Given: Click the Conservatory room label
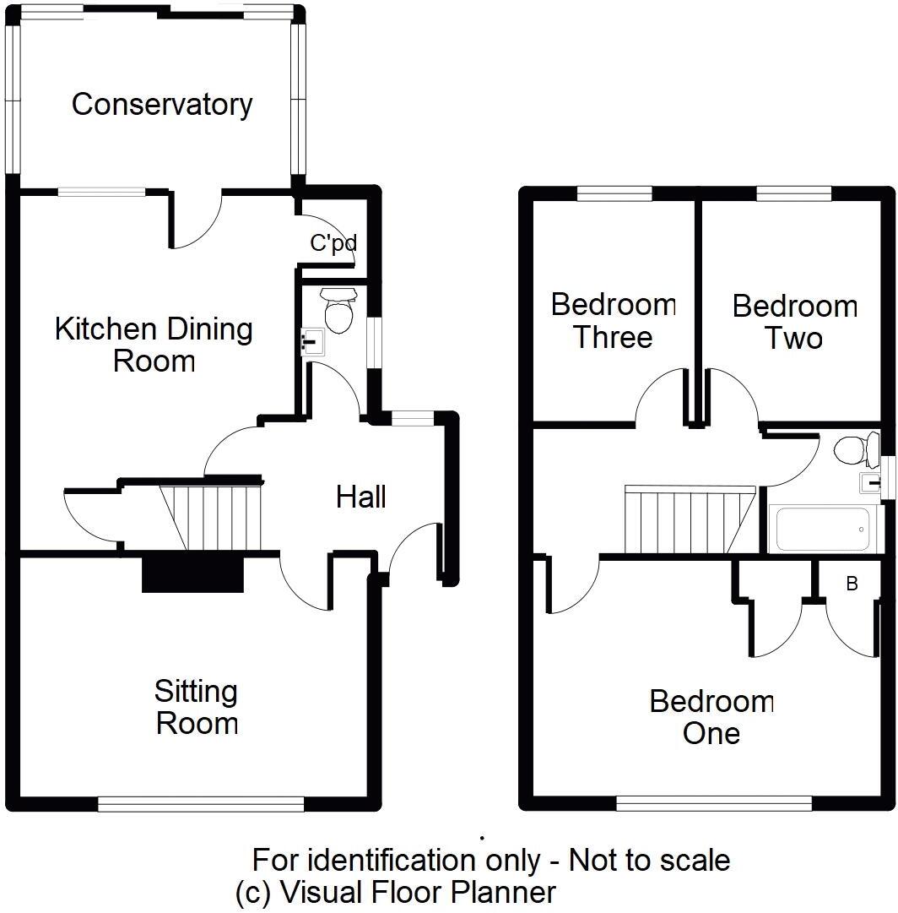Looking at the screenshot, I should [x=161, y=105].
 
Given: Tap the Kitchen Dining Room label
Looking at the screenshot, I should [x=154, y=345].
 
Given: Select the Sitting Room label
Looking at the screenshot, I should [x=197, y=708].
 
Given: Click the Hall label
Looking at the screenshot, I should [x=361, y=497].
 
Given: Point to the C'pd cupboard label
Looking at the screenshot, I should [x=333, y=244].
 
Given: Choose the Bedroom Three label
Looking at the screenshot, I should [x=614, y=321].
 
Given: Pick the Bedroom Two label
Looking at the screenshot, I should [x=794, y=322].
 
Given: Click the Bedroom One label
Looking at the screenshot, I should [x=711, y=717].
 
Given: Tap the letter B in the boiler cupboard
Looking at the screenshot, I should [x=852, y=584].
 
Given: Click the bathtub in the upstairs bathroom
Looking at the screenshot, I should [x=822, y=530].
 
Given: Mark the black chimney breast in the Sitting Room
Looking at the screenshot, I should [x=192, y=575].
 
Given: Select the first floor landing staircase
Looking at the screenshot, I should [x=688, y=519].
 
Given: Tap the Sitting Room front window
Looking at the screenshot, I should [x=201, y=803].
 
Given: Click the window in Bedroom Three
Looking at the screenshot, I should [x=614, y=194].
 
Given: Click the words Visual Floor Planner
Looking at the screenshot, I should [x=418, y=891].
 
